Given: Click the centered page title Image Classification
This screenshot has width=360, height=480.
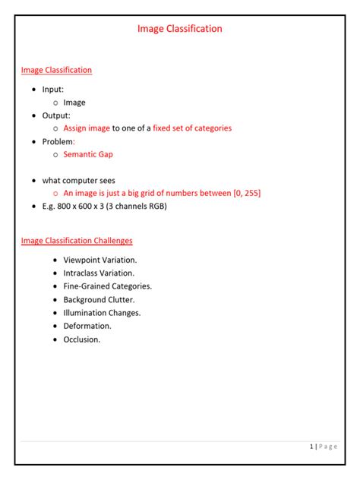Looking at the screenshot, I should click(x=180, y=28).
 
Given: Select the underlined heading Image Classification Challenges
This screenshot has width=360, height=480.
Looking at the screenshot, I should click(x=77, y=241).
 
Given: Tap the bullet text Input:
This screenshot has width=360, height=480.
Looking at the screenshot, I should click(x=53, y=89).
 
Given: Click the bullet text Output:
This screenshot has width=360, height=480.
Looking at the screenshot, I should click(x=56, y=115).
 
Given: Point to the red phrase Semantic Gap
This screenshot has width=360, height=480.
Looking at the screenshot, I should click(x=88, y=154).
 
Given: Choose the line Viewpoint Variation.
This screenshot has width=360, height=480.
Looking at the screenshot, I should click(x=100, y=260).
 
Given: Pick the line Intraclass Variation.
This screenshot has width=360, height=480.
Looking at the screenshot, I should click(x=99, y=273).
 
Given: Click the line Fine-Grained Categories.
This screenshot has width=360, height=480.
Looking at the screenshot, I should click(x=108, y=286).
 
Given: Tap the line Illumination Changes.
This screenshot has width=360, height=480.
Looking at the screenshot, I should click(x=102, y=312).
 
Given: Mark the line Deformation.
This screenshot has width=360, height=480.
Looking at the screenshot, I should click(x=87, y=326).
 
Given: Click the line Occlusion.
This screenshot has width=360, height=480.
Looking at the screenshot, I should click(x=82, y=339).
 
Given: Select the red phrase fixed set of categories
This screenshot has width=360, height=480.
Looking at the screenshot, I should click(x=192, y=128).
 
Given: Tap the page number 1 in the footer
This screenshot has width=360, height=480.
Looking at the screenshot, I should click(x=312, y=447).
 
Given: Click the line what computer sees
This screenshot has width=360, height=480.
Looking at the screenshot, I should click(x=79, y=181).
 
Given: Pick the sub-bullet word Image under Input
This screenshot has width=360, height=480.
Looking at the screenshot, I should click(x=74, y=103).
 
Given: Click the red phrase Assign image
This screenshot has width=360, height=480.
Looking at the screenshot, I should click(x=87, y=128).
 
